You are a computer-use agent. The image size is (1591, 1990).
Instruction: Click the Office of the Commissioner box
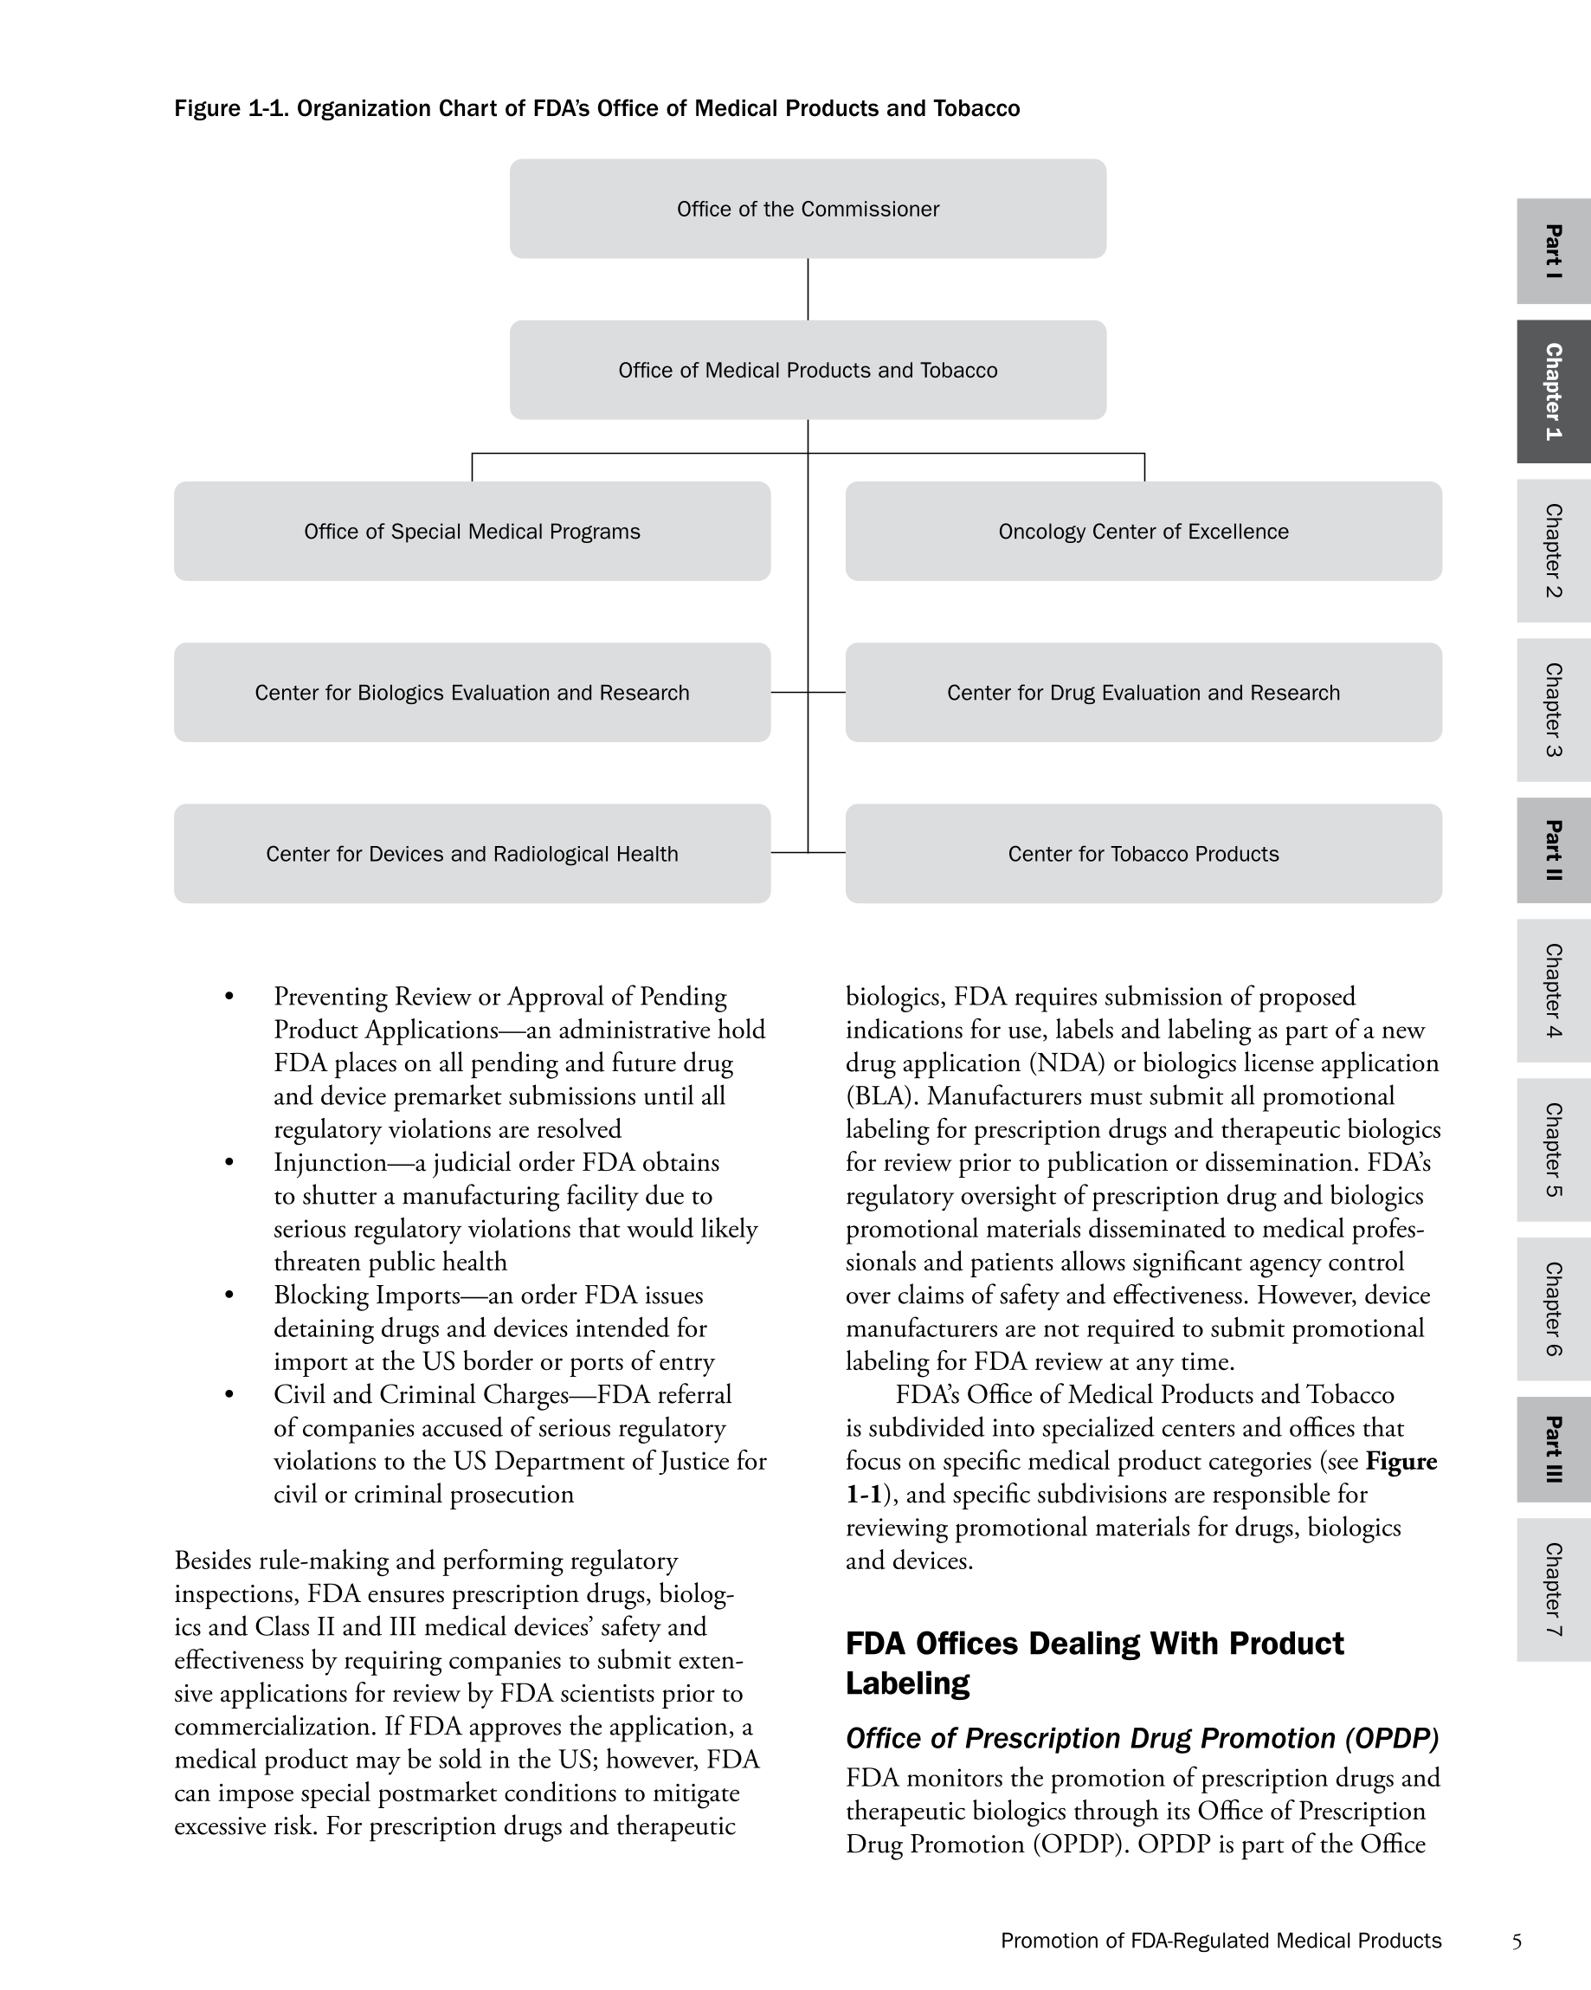(x=808, y=209)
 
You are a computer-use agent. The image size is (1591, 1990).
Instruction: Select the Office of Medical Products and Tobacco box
(x=808, y=370)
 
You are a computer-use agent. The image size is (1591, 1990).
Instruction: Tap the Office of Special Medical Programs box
(x=472, y=531)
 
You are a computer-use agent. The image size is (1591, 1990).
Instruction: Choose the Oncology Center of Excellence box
(x=1143, y=531)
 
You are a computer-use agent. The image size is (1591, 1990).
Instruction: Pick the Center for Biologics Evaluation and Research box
(x=472, y=692)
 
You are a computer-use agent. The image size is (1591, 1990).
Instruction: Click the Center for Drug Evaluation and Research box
(x=1143, y=692)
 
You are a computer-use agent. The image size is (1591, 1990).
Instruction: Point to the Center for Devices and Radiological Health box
(x=472, y=854)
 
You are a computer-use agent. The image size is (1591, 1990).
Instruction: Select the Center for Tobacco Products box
(x=1143, y=854)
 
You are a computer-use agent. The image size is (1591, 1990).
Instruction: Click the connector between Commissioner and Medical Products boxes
(x=808, y=289)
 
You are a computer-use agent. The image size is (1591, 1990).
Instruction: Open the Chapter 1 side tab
(x=1553, y=391)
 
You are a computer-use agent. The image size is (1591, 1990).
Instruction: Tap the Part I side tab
(x=1553, y=251)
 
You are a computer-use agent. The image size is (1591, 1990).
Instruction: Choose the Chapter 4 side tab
(x=1553, y=991)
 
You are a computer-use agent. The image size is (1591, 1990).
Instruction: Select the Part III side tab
(x=1553, y=1449)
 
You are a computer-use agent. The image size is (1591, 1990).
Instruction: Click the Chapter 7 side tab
(x=1553, y=1589)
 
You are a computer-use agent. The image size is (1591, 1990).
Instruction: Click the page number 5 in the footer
(x=1517, y=1942)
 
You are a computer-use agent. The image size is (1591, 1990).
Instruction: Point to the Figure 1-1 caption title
(x=597, y=109)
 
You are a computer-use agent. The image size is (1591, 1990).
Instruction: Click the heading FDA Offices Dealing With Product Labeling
(x=1094, y=1664)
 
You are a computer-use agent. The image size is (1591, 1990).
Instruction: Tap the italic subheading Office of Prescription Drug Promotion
(x=1143, y=1739)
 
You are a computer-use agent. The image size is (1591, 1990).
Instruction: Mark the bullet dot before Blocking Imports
(x=229, y=1295)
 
